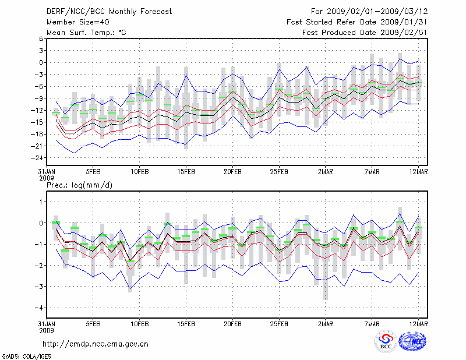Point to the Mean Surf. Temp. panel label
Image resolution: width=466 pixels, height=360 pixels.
coord(86,32)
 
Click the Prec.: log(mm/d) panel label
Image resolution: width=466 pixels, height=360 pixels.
coord(79,185)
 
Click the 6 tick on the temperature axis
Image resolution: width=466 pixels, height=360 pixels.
coord(41,38)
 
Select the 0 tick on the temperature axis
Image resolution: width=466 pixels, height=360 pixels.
coord(41,62)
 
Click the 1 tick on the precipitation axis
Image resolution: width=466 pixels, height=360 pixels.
coord(41,202)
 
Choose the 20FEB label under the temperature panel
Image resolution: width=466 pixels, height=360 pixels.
coord(232,172)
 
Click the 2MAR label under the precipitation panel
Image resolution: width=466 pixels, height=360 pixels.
coord(326,324)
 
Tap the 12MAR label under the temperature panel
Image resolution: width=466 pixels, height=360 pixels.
coord(419,172)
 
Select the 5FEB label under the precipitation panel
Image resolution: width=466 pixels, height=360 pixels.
coord(93,324)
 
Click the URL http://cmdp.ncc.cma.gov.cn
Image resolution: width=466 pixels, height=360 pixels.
coord(96,344)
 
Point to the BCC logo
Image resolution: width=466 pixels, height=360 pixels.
coord(385,342)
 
